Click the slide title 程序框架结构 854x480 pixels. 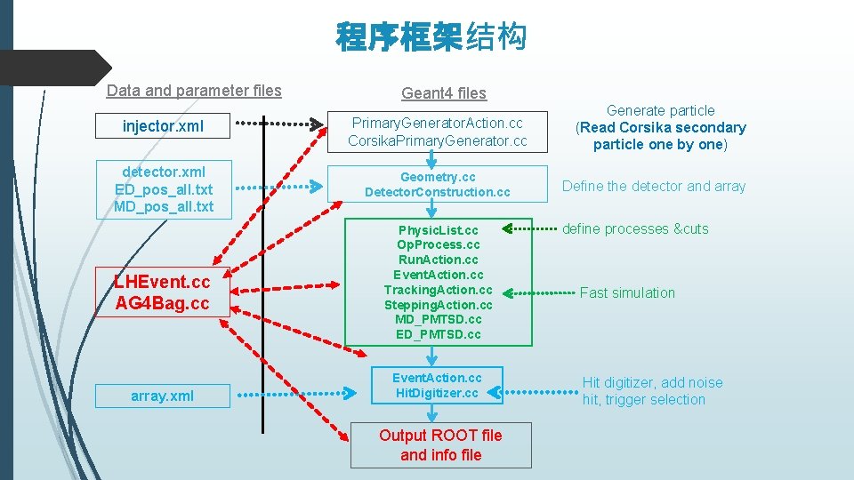coord(431,37)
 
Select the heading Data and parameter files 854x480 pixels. coord(194,91)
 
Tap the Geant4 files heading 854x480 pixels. coord(444,92)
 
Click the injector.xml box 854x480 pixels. coord(163,126)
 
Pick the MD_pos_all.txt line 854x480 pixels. coord(164,207)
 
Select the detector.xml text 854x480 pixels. coord(164,172)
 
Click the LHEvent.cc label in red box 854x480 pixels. coord(162,282)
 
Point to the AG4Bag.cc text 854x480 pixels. coord(162,303)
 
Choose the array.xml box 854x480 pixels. coord(162,396)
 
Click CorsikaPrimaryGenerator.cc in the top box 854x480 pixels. coord(437,141)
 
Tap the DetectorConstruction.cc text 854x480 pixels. coord(437,192)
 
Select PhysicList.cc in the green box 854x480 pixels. coord(438,230)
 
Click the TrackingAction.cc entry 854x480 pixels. coord(438,290)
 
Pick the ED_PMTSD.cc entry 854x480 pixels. coord(438,334)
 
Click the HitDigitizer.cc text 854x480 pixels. coord(437,393)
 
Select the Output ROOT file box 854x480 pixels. coord(440,444)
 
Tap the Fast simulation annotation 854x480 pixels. coord(627,292)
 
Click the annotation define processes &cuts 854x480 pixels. coord(635,229)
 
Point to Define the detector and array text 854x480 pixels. coord(654,187)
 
